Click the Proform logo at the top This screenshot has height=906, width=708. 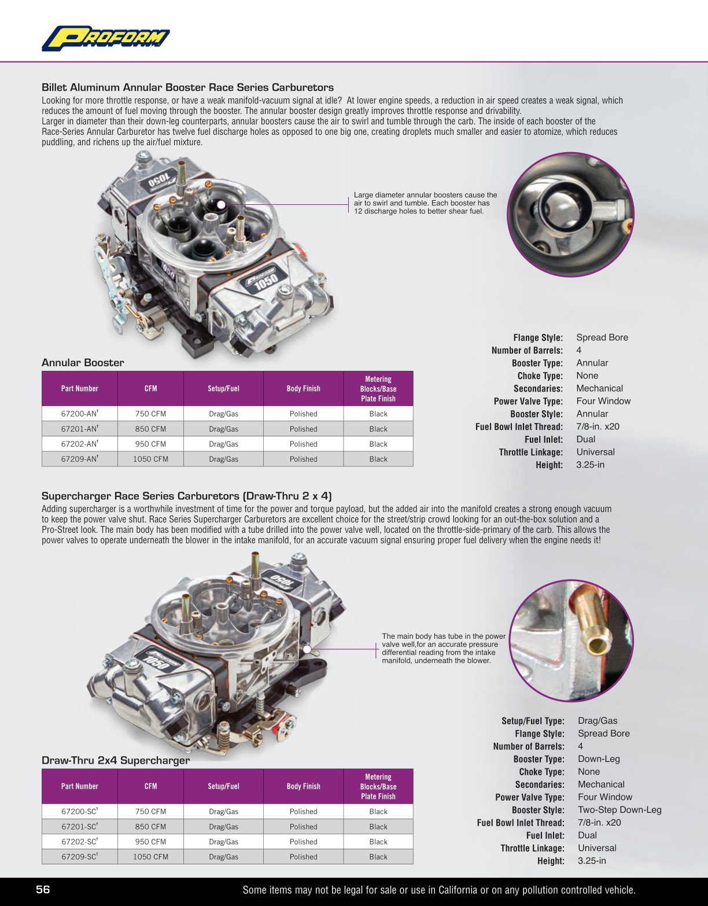(105, 38)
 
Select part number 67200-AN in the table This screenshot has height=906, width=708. (79, 414)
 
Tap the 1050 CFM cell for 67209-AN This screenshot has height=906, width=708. (150, 459)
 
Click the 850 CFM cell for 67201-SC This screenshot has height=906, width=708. (150, 827)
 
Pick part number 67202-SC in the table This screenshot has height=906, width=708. (79, 842)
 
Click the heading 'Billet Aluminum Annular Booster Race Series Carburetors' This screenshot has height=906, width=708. (187, 87)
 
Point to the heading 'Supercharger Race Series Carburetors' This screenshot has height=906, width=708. (186, 496)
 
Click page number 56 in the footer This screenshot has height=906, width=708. (43, 890)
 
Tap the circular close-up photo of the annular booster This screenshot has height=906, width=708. (570, 214)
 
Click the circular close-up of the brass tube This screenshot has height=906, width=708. (571, 640)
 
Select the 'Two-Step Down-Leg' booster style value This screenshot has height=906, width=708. (620, 810)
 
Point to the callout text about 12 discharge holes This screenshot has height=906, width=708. (425, 203)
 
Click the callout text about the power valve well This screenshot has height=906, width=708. (443, 648)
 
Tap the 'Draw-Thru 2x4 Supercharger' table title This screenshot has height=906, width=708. (116, 760)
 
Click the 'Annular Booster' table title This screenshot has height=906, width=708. (83, 363)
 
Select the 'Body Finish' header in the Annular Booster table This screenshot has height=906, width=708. (303, 389)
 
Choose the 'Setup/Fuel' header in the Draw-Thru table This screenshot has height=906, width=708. (223, 786)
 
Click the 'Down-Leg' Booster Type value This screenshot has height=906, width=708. (599, 759)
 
